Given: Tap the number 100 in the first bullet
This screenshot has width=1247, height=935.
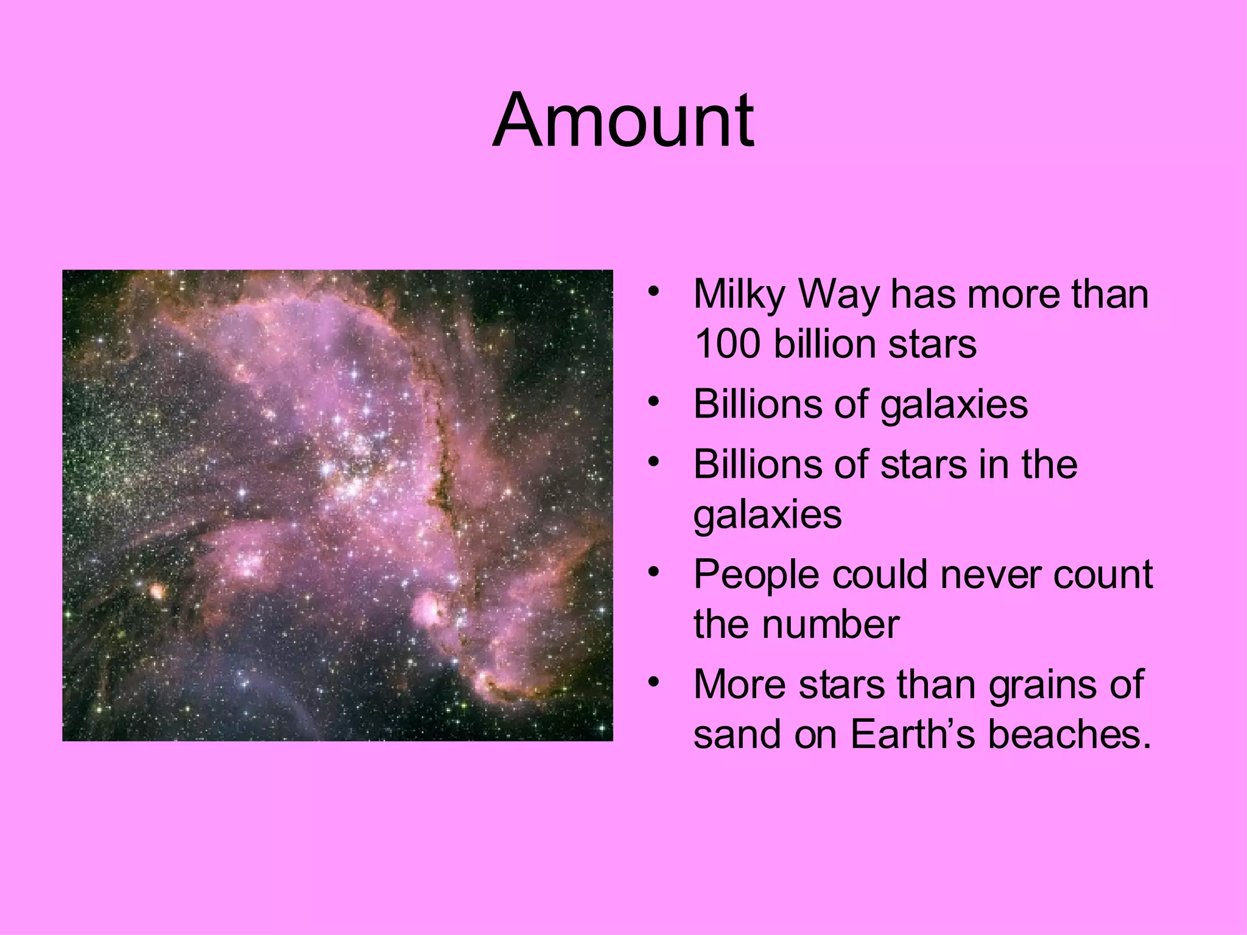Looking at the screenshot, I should tap(727, 344).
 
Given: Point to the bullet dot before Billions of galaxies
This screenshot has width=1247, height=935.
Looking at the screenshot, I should tap(654, 401).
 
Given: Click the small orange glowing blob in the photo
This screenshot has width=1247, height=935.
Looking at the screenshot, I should tap(157, 590).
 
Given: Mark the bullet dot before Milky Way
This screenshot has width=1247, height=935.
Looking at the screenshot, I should tap(654, 291).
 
